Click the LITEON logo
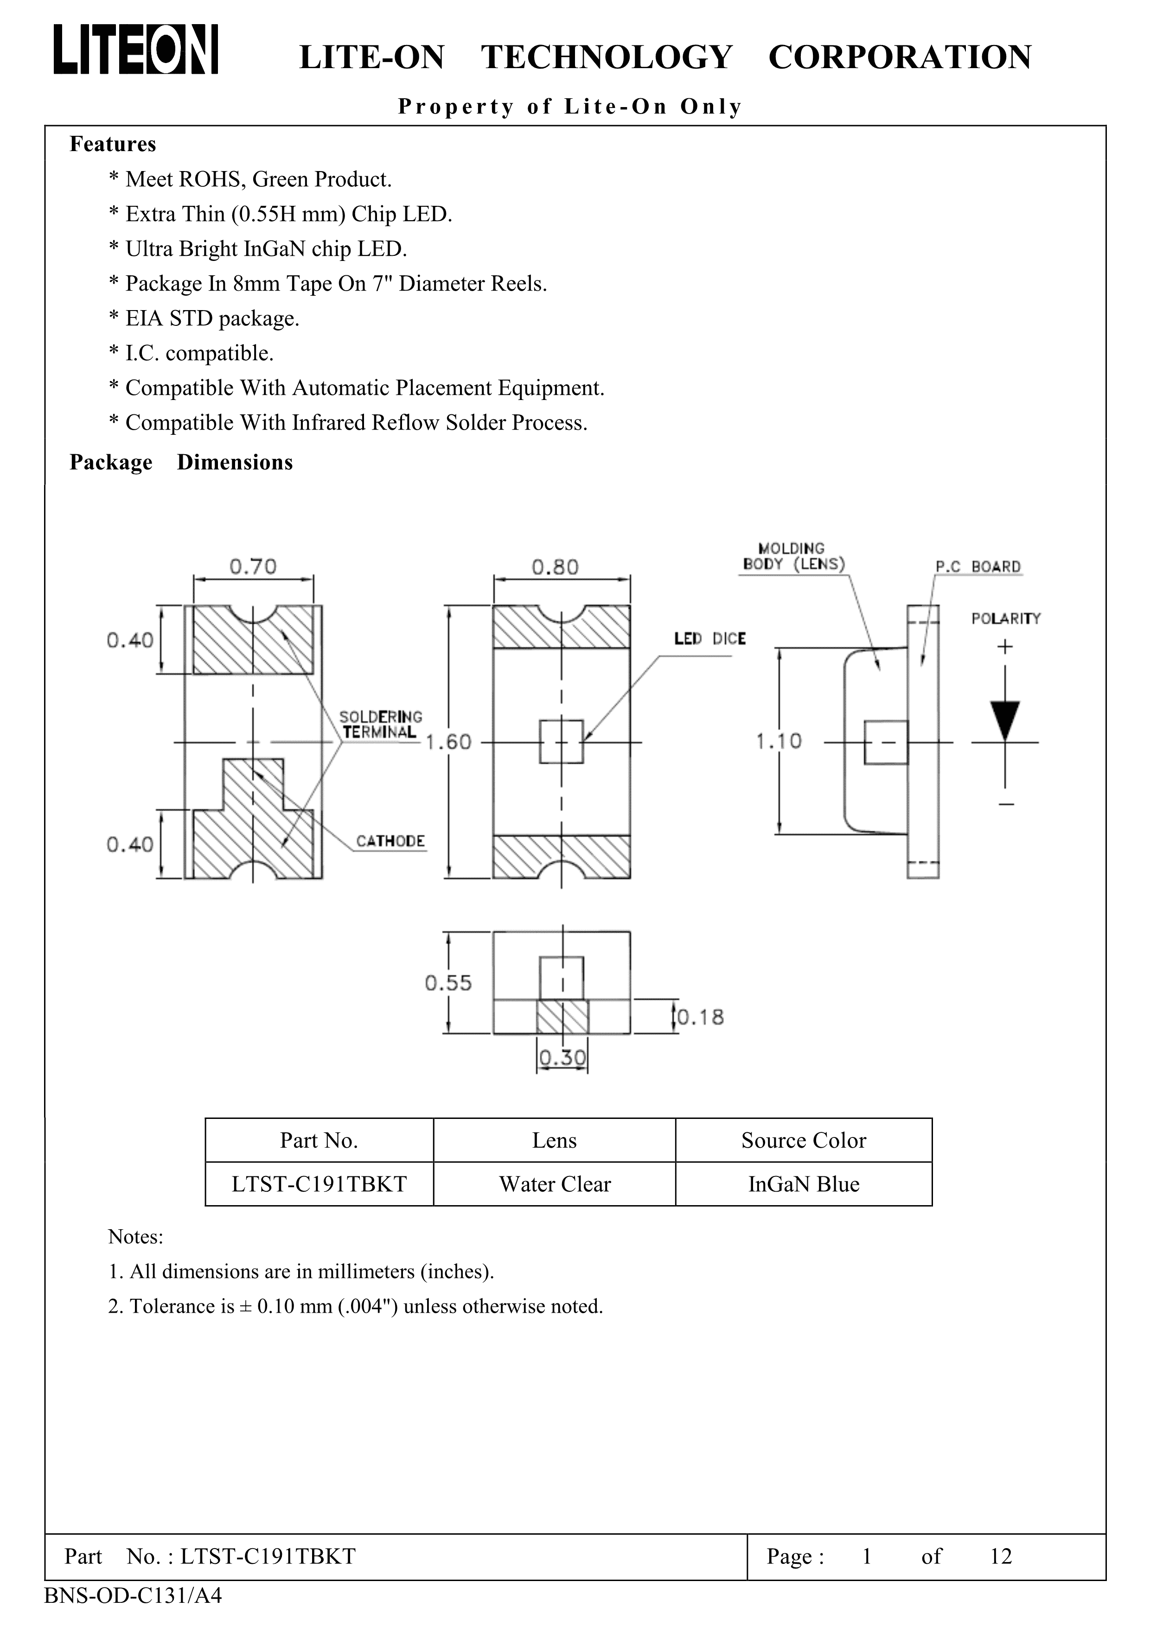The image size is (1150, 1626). (136, 50)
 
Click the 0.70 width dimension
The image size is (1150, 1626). (253, 566)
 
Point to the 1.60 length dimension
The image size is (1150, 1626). (448, 742)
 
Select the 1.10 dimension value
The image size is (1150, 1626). (778, 742)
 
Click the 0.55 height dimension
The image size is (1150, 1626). (448, 982)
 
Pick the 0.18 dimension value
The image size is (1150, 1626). (700, 1018)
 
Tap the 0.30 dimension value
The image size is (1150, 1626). (562, 1058)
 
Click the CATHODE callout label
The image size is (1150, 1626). (390, 841)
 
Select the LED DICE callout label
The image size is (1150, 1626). (709, 639)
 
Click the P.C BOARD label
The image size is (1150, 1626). (978, 566)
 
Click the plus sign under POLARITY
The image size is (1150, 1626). (1005, 647)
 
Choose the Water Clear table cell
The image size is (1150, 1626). (554, 1184)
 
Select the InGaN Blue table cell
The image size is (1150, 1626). (804, 1184)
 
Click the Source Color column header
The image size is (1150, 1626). (804, 1140)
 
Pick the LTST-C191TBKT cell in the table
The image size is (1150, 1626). (319, 1184)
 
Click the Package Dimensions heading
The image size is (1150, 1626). (181, 463)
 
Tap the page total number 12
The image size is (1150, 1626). (1001, 1556)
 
